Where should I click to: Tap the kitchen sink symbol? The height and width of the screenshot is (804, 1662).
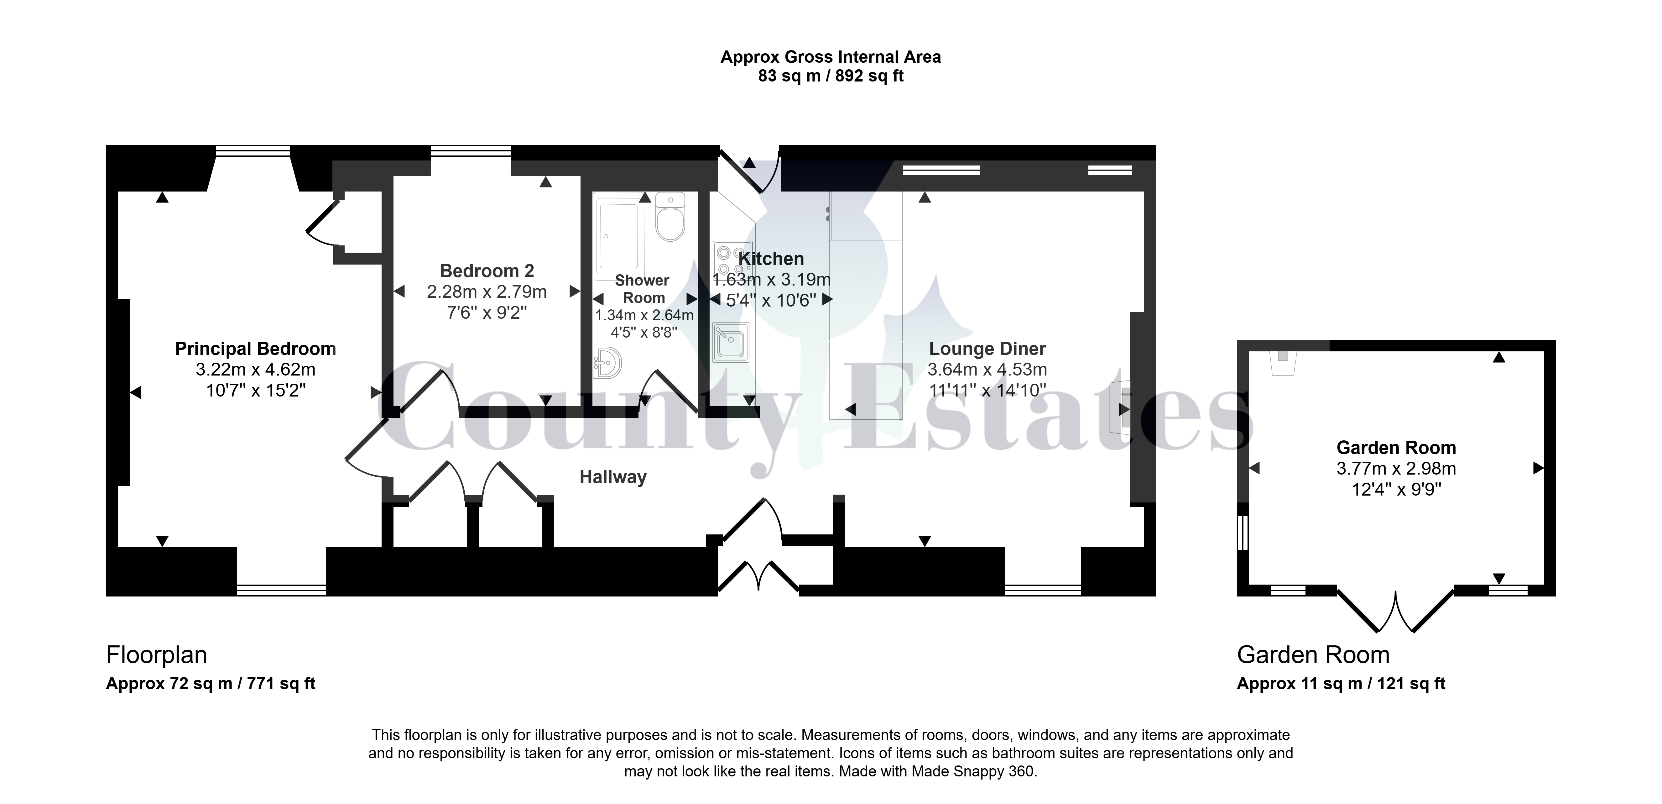(731, 342)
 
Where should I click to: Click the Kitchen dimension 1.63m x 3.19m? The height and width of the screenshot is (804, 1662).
(771, 279)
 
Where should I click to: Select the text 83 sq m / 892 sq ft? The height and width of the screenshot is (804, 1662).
(830, 76)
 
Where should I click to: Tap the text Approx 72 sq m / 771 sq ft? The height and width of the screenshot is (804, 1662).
(210, 684)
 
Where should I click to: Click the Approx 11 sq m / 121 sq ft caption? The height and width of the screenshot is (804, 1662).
(1341, 684)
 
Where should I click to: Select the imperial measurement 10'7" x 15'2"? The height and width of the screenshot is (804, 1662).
(256, 390)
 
